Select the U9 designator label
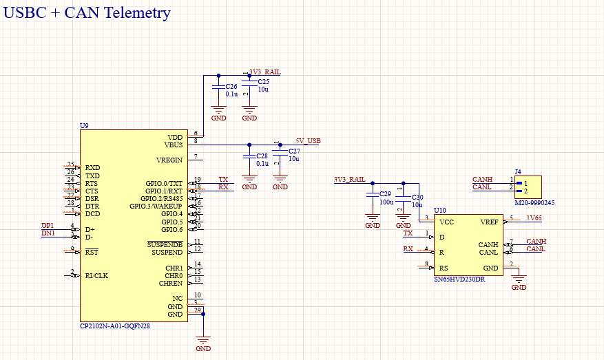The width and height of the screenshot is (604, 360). click(x=84, y=126)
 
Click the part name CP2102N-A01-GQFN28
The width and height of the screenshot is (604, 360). click(x=114, y=326)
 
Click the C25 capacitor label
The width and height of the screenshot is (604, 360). click(x=264, y=82)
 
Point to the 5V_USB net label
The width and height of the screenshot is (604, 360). click(x=308, y=140)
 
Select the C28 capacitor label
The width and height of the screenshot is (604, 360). click(x=262, y=156)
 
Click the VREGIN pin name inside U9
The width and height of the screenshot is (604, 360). click(x=169, y=160)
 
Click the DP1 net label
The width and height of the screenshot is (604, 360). click(x=48, y=226)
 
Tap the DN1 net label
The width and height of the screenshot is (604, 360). click(x=48, y=233)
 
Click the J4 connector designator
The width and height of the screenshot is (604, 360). click(x=518, y=172)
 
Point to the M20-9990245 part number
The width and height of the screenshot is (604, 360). click(x=534, y=203)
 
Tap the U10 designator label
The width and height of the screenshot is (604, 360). click(x=439, y=210)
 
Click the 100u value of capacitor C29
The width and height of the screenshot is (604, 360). click(x=386, y=203)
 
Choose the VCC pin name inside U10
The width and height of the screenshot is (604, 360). click(x=447, y=222)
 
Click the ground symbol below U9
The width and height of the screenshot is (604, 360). click(x=203, y=341)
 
